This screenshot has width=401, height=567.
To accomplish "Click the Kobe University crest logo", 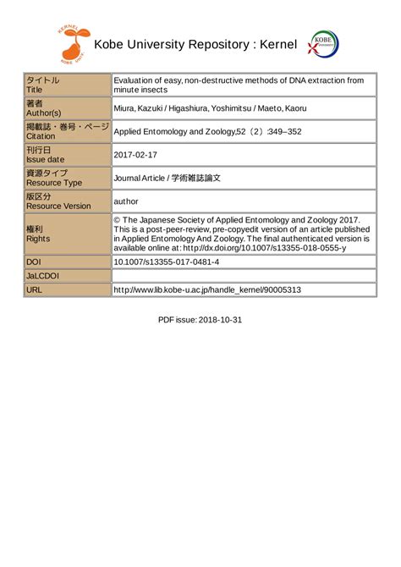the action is (322, 46).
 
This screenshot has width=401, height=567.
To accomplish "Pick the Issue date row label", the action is (46, 159).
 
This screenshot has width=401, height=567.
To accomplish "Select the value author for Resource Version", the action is (128, 202).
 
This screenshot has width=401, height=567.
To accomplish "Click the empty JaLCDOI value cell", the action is (244, 276).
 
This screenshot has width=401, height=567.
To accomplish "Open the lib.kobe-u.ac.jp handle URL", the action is (207, 289).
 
